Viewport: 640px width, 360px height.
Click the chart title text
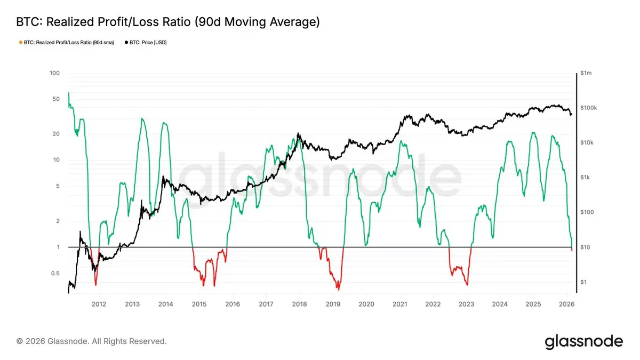coord(169,22)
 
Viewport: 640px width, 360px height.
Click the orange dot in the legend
coord(20,42)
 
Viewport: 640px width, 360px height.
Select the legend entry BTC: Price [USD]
coord(145,42)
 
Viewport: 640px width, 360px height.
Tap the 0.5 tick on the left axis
coord(55,274)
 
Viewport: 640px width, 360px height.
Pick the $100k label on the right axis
coord(589,108)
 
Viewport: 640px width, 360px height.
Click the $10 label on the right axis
coord(586,247)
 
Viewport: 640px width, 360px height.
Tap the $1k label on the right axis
coord(586,178)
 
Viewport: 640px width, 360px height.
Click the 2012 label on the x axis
coord(99,304)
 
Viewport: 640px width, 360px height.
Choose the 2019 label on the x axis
coord(333,304)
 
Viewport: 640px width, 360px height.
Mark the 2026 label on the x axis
coord(567,304)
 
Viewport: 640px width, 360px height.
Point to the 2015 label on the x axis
coord(199,304)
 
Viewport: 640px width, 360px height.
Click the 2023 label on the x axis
coord(467,304)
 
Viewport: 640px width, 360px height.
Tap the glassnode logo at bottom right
coord(583,342)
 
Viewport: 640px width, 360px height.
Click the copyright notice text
coord(92,341)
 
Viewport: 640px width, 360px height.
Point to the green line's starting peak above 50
coord(68,93)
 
